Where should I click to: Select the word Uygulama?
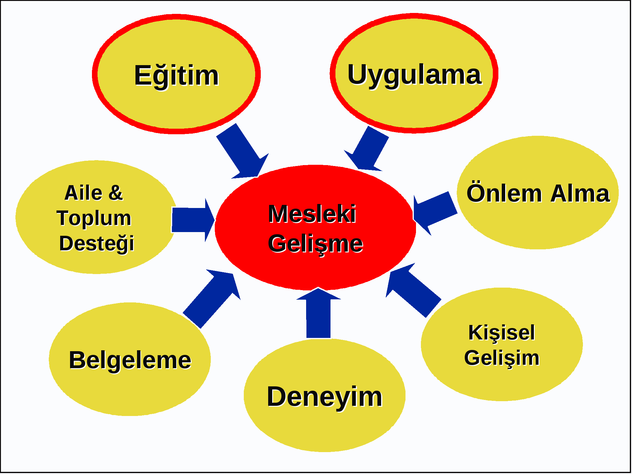coord(414,75)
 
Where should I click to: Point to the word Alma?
coord(580,193)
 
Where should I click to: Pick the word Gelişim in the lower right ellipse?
coord(502,359)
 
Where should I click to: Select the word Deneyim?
coord(325,397)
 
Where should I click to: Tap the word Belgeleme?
coord(130,360)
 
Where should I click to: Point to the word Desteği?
coord(97,244)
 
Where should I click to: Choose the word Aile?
coord(83,193)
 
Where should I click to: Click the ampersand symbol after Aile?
coord(116,193)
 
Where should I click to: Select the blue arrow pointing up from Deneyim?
coord(318,313)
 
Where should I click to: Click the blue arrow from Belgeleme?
coord(212,299)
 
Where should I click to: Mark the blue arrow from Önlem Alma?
coord(435,213)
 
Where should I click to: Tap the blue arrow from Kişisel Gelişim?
coord(414,290)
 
